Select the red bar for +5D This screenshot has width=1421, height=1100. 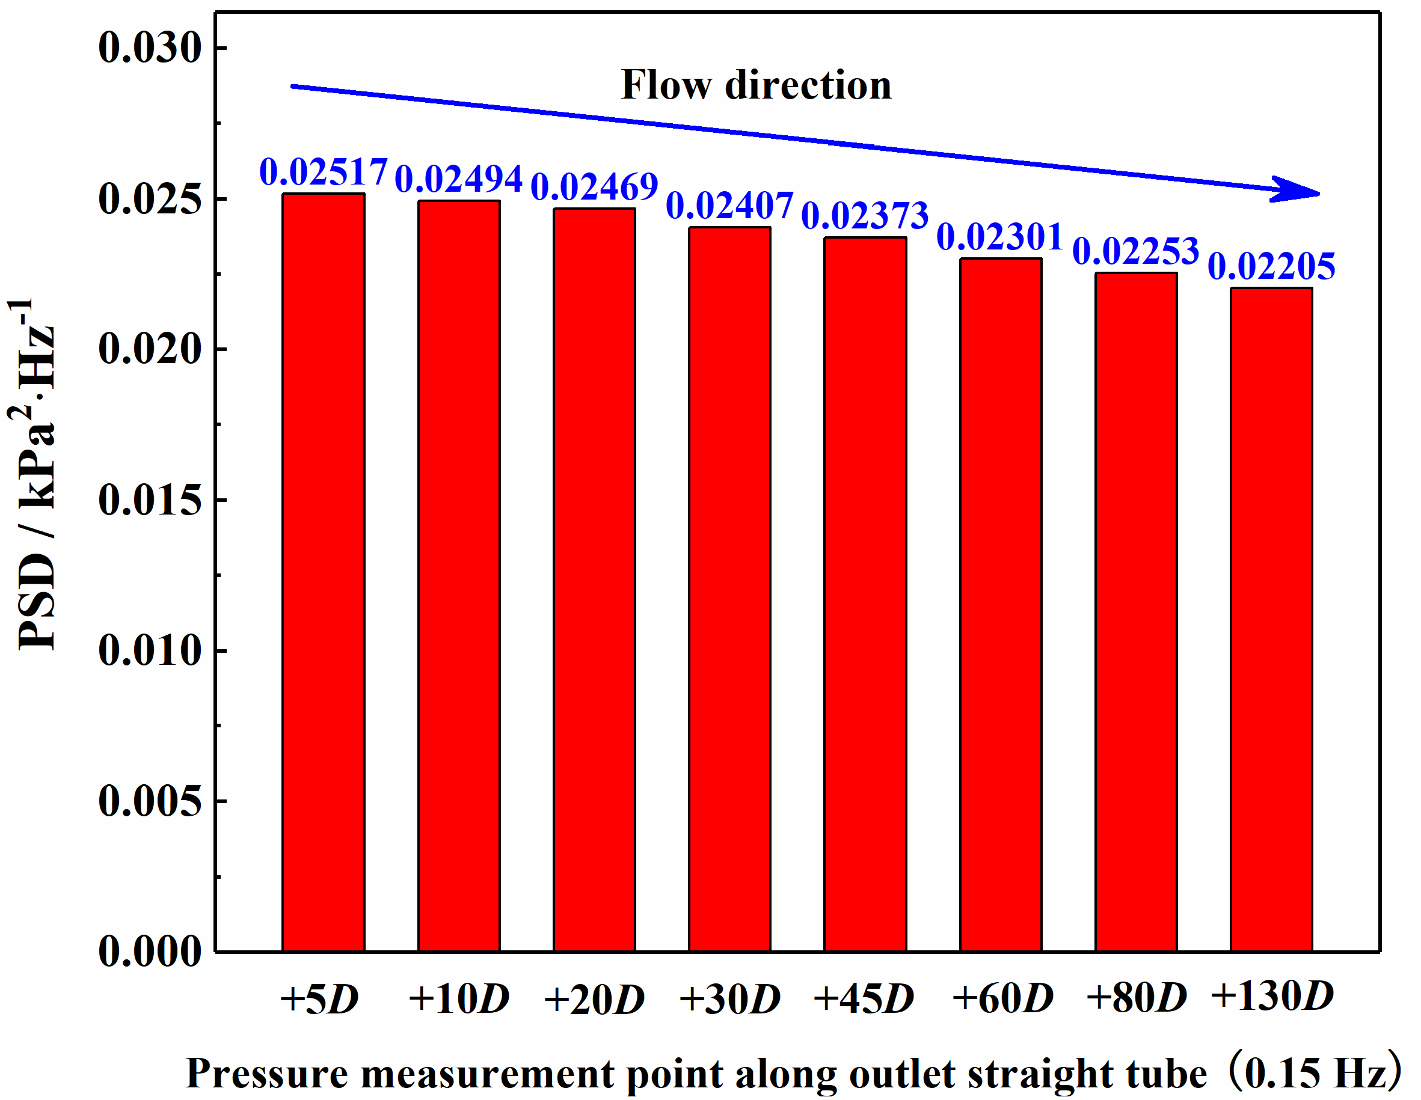pyautogui.click(x=324, y=572)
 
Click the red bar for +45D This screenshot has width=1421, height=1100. pyautogui.click(x=865, y=594)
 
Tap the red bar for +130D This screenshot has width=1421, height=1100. pyautogui.click(x=1271, y=619)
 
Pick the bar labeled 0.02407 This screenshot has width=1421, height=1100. pyautogui.click(x=730, y=589)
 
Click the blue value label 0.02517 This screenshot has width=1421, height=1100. pyautogui.click(x=324, y=173)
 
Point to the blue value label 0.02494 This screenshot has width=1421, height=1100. pyautogui.click(x=459, y=179)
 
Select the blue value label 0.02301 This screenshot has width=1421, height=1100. pyautogui.click(x=1000, y=237)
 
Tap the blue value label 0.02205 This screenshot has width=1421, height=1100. pyautogui.click(x=1271, y=267)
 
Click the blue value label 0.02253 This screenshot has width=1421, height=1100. pyautogui.click(x=1136, y=252)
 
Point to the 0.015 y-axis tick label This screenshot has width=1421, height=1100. pyautogui.click(x=150, y=500)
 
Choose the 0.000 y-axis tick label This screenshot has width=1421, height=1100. pyautogui.click(x=150, y=951)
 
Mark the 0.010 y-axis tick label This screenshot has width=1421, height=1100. pyautogui.click(x=150, y=650)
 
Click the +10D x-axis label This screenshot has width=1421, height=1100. pyautogui.click(x=459, y=998)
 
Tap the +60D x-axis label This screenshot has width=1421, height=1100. pyautogui.click(x=1002, y=998)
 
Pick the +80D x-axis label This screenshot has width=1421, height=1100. pyautogui.click(x=1137, y=997)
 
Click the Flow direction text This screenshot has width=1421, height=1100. pyautogui.click(x=756, y=85)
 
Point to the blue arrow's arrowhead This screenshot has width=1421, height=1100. pyautogui.click(x=1298, y=190)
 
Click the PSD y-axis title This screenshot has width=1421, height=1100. pyautogui.click(x=36, y=475)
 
